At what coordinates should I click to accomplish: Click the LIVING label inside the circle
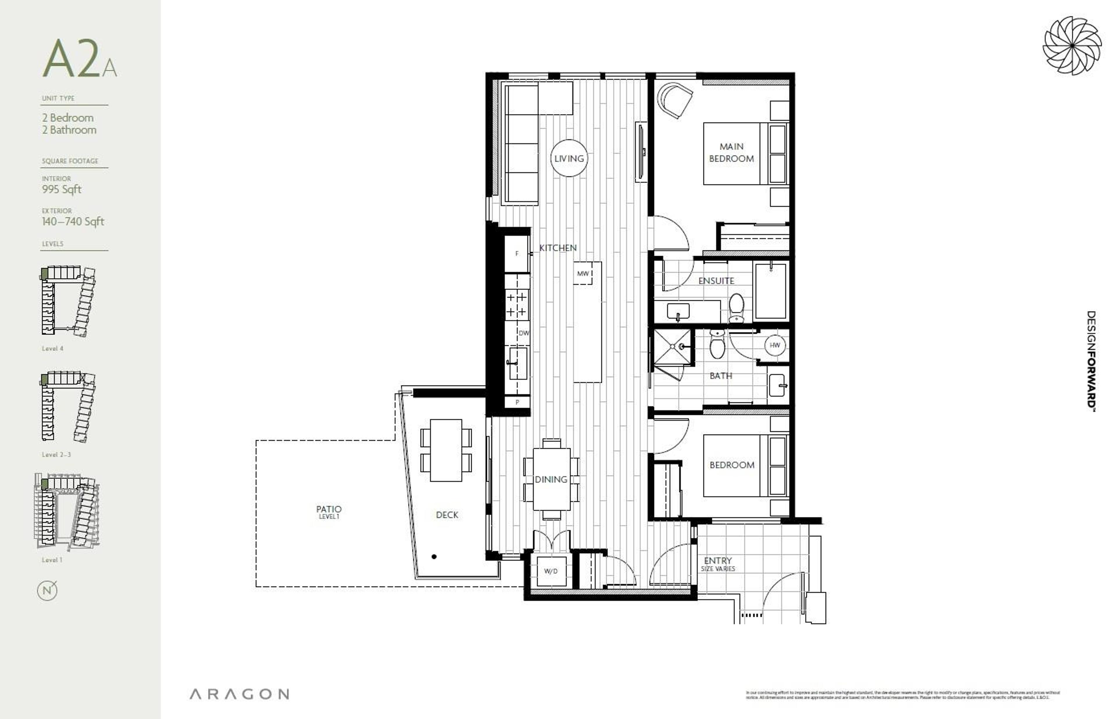pyautogui.click(x=569, y=158)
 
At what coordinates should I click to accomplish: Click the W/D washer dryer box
pyautogui.click(x=551, y=571)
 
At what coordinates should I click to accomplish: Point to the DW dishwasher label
pyautogui.click(x=524, y=333)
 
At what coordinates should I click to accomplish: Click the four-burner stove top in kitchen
pyautogui.click(x=517, y=304)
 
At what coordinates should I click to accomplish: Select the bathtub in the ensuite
pyautogui.click(x=771, y=291)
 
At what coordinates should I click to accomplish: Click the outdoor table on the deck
pyautogui.click(x=446, y=450)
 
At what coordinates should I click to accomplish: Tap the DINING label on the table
pyautogui.click(x=551, y=479)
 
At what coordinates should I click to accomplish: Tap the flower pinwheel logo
pyautogui.click(x=1072, y=46)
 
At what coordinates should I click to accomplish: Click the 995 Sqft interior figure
pyautogui.click(x=62, y=190)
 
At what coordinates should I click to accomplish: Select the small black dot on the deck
pyautogui.click(x=434, y=557)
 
